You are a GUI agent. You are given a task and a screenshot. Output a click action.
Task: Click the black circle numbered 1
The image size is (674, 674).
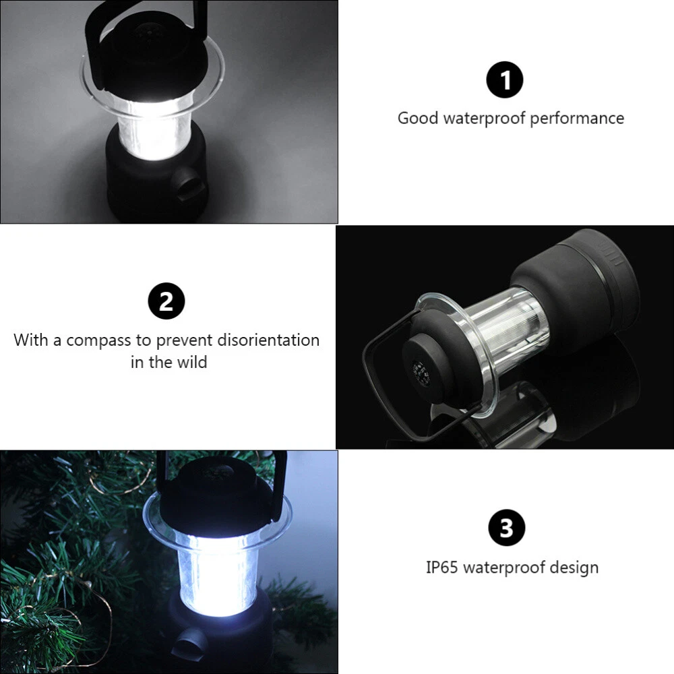[x=505, y=80]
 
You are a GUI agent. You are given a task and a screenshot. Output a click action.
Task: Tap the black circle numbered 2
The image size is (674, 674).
[x=166, y=301]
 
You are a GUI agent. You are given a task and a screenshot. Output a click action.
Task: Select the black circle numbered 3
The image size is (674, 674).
[x=507, y=528]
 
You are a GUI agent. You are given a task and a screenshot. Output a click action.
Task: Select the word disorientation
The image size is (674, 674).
[x=268, y=340]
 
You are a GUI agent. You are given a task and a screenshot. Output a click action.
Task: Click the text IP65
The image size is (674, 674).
[x=441, y=568]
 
